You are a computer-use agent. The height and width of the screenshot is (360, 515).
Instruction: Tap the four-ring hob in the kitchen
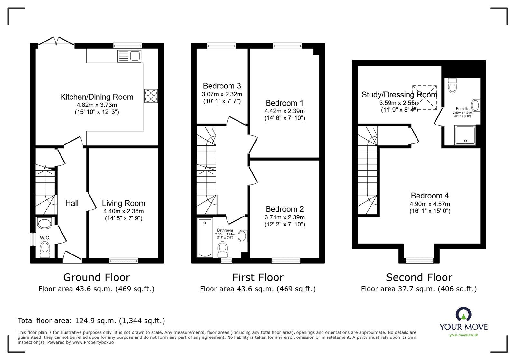[151, 96]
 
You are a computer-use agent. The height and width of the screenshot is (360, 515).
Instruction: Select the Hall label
[72, 203]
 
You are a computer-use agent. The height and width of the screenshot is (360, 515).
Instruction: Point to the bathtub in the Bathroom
[205, 238]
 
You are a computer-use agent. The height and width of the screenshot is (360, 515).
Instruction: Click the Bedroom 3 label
[222, 86]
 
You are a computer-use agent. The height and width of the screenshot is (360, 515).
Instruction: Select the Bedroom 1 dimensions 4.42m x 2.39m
[285, 111]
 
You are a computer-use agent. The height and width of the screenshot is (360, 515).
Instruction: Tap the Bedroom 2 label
[285, 209]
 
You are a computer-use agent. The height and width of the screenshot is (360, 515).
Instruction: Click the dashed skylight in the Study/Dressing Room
[425, 97]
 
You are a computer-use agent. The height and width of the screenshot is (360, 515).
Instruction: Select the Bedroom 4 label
[430, 196]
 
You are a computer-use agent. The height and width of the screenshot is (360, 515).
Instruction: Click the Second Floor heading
[419, 277]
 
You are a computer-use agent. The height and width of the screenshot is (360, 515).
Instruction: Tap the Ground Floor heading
[96, 277]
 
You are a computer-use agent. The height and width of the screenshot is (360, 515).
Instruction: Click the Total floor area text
[91, 321]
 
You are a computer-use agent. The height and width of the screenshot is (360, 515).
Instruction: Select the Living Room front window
[124, 260]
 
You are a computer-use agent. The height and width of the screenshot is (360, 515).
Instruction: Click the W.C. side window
[33, 239]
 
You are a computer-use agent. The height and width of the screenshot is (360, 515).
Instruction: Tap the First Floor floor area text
[257, 289]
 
